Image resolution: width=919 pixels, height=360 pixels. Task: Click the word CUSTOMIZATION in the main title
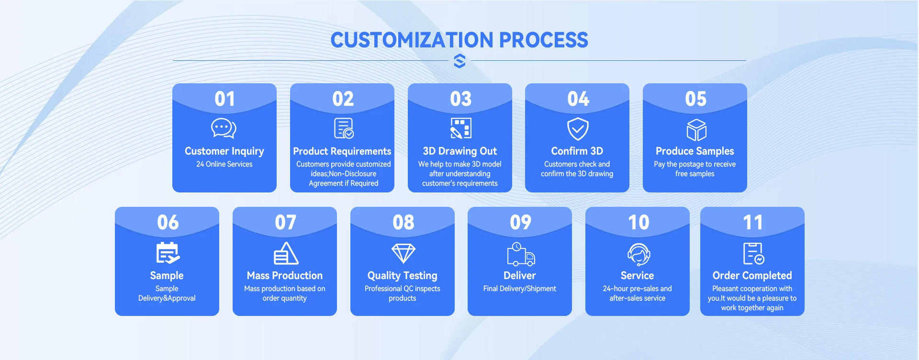(x=412, y=40)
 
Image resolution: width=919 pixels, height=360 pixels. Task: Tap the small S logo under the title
(x=459, y=61)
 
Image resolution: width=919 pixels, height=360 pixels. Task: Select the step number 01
(x=224, y=99)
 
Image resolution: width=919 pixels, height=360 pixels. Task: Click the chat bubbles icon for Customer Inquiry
(x=224, y=128)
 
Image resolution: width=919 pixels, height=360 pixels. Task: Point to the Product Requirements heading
(x=342, y=151)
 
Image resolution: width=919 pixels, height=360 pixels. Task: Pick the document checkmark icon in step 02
(x=344, y=128)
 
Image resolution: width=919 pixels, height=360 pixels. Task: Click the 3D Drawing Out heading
(x=460, y=151)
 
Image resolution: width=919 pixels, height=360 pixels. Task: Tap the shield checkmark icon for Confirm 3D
(x=578, y=129)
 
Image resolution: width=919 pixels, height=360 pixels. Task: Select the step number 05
(x=695, y=99)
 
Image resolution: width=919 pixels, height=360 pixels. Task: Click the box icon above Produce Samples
(x=696, y=130)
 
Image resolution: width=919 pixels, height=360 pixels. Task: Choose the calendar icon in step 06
(x=168, y=253)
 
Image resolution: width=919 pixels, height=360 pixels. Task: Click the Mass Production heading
(x=285, y=276)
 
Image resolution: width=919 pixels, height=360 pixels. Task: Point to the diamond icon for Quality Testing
(x=403, y=253)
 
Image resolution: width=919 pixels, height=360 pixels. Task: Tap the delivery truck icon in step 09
(x=521, y=254)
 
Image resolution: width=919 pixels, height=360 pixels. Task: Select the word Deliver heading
(x=520, y=276)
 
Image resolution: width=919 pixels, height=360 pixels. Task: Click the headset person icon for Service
(x=639, y=254)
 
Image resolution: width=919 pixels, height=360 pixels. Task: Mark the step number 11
(x=753, y=223)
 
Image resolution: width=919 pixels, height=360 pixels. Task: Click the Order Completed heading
(x=752, y=276)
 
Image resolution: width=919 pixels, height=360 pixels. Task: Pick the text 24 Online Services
(x=224, y=164)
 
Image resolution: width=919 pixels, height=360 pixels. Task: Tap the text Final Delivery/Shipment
(x=520, y=289)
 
